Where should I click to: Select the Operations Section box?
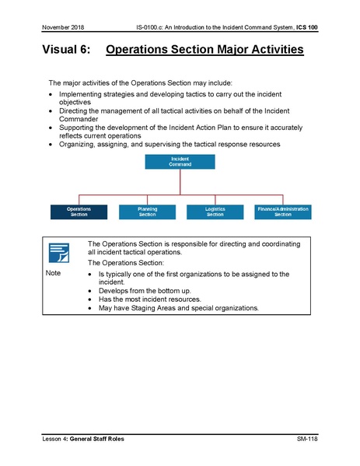pos(78,212)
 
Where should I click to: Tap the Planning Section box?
pos(147,212)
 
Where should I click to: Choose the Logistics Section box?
pos(215,212)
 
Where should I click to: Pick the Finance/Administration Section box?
pos(282,212)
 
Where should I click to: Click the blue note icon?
pos(59,254)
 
